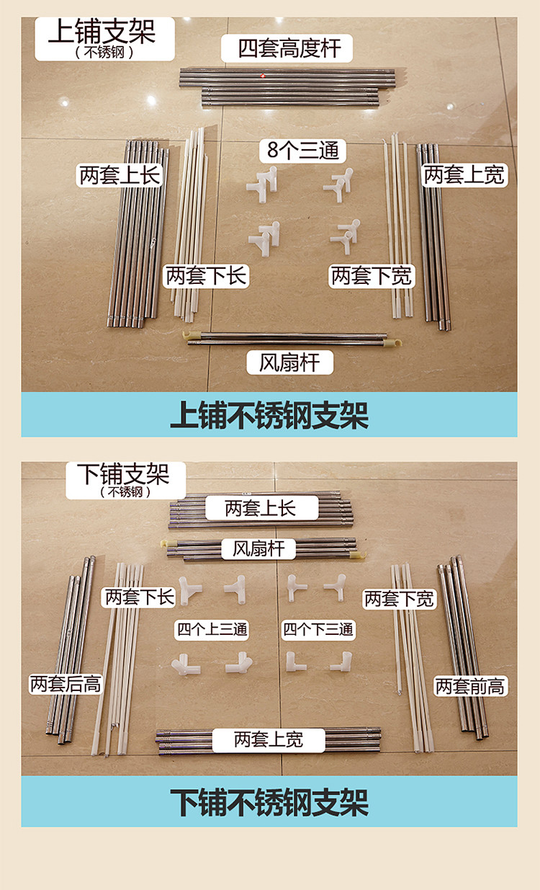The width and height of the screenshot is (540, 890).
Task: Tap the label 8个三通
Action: [302, 151]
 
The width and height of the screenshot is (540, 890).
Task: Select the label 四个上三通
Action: [212, 629]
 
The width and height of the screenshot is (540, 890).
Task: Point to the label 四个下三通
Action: [318, 629]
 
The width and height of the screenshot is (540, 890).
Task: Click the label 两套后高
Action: [66, 684]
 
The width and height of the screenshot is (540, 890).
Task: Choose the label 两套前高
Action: [470, 686]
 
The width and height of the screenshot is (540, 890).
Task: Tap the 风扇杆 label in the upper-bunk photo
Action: [289, 362]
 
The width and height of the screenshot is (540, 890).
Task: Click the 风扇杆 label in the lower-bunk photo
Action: [258, 549]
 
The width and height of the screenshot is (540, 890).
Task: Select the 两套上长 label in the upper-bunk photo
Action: [120, 175]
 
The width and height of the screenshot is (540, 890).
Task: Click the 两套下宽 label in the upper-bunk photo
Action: [372, 276]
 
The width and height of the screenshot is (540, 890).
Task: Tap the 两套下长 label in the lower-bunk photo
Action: [138, 597]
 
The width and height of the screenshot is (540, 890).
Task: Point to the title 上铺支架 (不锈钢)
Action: [104, 39]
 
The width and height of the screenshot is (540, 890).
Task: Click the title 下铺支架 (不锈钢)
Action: [125, 480]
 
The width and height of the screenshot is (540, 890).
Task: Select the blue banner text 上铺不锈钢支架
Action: [269, 415]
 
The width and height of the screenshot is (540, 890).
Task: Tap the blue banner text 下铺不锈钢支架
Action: [269, 803]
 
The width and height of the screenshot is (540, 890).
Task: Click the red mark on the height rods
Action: [263, 76]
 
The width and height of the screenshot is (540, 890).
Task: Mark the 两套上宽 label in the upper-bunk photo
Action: [464, 175]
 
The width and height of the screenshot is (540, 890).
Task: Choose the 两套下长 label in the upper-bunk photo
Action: [206, 276]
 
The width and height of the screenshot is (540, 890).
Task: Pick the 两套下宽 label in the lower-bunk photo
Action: [400, 599]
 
